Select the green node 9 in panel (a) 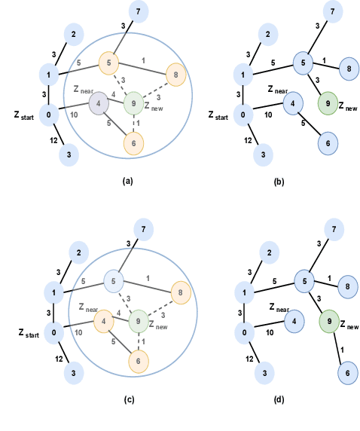tap(133, 103)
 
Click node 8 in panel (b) tap(348, 69)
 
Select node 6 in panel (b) tap(328, 142)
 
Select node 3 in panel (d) tap(264, 371)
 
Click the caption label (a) tap(127, 182)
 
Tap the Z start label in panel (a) tap(24, 116)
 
